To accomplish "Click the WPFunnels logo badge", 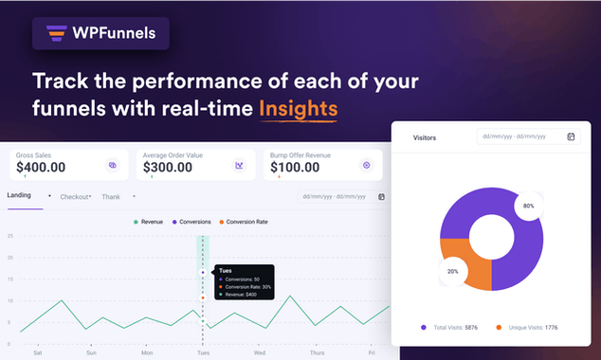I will [x=100, y=33].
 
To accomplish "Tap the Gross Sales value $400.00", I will [x=41, y=168].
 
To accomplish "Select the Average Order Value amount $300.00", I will [x=167, y=168].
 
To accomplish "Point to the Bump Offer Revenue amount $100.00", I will [x=293, y=168].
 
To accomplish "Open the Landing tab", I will [x=20, y=195].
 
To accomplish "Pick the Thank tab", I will [x=112, y=197].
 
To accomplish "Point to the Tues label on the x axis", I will [x=202, y=352].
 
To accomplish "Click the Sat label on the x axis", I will [x=37, y=352].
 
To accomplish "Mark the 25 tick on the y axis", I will [x=9, y=236].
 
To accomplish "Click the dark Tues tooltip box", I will [x=243, y=282].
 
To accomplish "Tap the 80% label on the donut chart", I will [x=528, y=206].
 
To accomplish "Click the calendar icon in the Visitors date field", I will [x=571, y=136].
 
